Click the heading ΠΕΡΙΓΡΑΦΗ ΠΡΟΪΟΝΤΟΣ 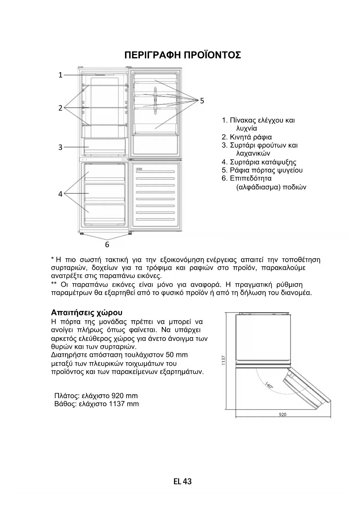[x=182, y=55]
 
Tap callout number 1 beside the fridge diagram [x=60, y=75]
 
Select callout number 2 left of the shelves [x=60, y=108]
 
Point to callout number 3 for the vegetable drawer [x=60, y=147]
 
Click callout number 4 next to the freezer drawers [x=60, y=194]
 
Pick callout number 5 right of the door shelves [x=202, y=101]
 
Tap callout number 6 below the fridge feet [x=107, y=245]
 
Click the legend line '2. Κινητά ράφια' [x=247, y=137]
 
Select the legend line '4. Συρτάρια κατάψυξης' [x=259, y=162]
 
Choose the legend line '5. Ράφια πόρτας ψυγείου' [x=262, y=170]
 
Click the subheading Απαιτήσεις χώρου [x=87, y=313]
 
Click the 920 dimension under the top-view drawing [x=283, y=414]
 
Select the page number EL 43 [x=182, y=482]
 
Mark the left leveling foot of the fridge [x=82, y=234]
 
